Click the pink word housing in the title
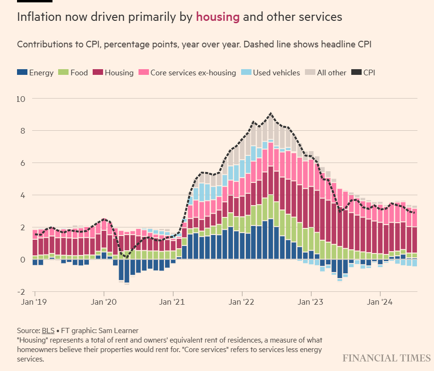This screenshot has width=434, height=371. (x=218, y=17)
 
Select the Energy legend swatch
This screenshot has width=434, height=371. (x=22, y=72)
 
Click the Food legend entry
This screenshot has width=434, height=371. (x=73, y=72)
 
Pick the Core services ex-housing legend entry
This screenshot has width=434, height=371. (x=187, y=72)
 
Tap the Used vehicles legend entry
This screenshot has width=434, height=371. (x=271, y=72)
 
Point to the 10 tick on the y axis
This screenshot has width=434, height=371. (x=21, y=99)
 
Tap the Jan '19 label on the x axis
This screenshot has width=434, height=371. (x=34, y=301)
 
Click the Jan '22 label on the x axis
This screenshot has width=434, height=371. (x=242, y=301)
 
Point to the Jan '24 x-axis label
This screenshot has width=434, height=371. (x=381, y=301)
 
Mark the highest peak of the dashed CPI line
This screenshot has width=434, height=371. (x=270, y=113)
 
